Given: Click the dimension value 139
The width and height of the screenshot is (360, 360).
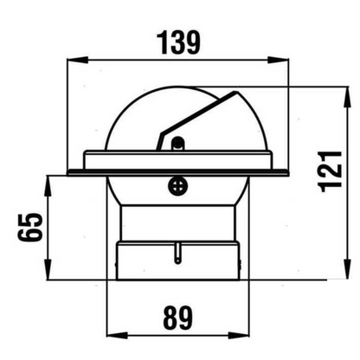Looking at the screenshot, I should coord(178,42).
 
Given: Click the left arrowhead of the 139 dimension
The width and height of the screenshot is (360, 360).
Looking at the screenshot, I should coord(73,61).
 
